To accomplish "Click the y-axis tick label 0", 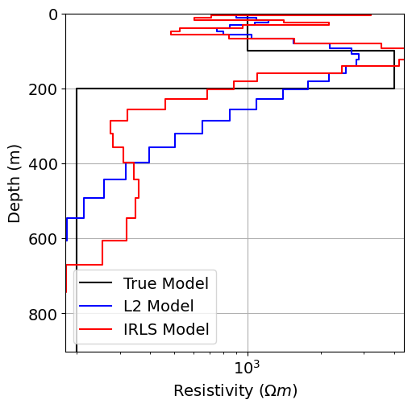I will pyautogui.click(x=52, y=14).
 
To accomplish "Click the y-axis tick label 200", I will pyautogui.click(x=41, y=89).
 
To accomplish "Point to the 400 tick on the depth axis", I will pyautogui.click(x=41, y=164).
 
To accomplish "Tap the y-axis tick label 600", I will pyautogui.click(x=41, y=239).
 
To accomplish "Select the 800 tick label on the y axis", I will pyautogui.click(x=41, y=314).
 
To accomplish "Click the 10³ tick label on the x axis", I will pyautogui.click(x=247, y=368).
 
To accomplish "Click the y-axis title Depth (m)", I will pyautogui.click(x=15, y=183).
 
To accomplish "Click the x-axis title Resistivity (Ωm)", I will pyautogui.click(x=235, y=391).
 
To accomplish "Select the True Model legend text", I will pyautogui.click(x=165, y=283).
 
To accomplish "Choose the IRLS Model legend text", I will pyautogui.click(x=165, y=329).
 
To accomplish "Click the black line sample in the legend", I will pyautogui.click(x=97, y=283).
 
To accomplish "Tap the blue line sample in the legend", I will pyautogui.click(x=97, y=307).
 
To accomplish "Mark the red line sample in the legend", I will pyautogui.click(x=97, y=329).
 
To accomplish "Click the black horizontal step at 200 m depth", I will pyautogui.click(x=234, y=89).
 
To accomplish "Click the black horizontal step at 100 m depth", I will pyautogui.click(x=320, y=51).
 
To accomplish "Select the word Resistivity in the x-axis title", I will pyautogui.click(x=211, y=391).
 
